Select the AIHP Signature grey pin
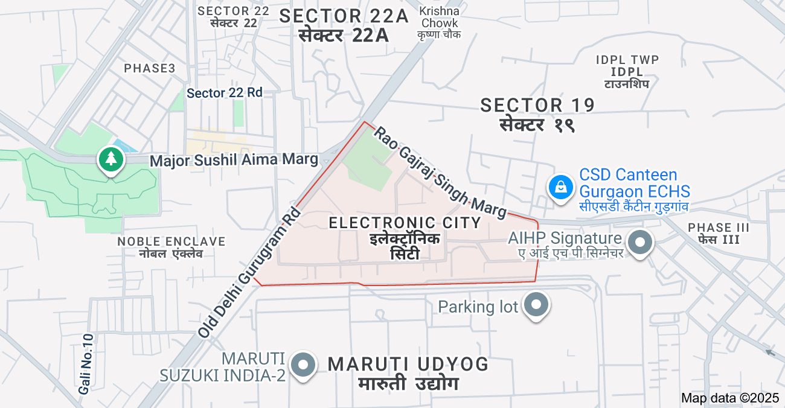640,243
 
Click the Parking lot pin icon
536,305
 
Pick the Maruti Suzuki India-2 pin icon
303,365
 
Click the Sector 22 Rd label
225,93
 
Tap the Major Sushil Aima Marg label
234,160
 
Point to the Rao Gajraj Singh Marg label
440,172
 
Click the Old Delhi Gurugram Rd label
249,272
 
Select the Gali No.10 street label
87,364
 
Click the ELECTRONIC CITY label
405,223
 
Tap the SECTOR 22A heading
344,16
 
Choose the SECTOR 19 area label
537,105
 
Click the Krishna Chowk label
440,17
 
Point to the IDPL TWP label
627,60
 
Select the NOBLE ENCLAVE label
171,241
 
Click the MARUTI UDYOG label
408,364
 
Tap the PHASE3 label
150,68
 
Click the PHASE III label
719,228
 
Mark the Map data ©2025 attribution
730,398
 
